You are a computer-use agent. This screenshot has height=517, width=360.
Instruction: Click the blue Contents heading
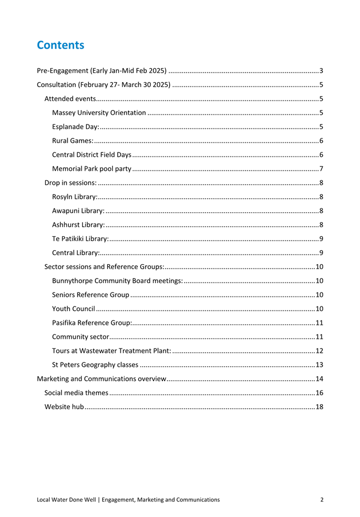coord(60,45)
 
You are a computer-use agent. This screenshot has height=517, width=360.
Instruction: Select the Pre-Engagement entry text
coord(102,71)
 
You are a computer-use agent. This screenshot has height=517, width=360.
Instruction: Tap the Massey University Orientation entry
coord(99,113)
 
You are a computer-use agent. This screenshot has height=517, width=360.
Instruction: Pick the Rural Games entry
coord(72,141)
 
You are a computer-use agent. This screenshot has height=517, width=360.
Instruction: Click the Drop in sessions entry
coord(70,183)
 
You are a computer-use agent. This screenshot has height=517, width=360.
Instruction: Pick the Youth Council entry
coord(73,308)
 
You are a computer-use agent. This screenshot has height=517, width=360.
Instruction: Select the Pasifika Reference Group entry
coord(92,322)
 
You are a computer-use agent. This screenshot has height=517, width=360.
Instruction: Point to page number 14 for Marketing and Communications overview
coord(319,379)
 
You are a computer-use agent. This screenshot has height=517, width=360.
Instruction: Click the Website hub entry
coord(64,407)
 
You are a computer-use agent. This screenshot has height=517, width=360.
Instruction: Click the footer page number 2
coord(322,500)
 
